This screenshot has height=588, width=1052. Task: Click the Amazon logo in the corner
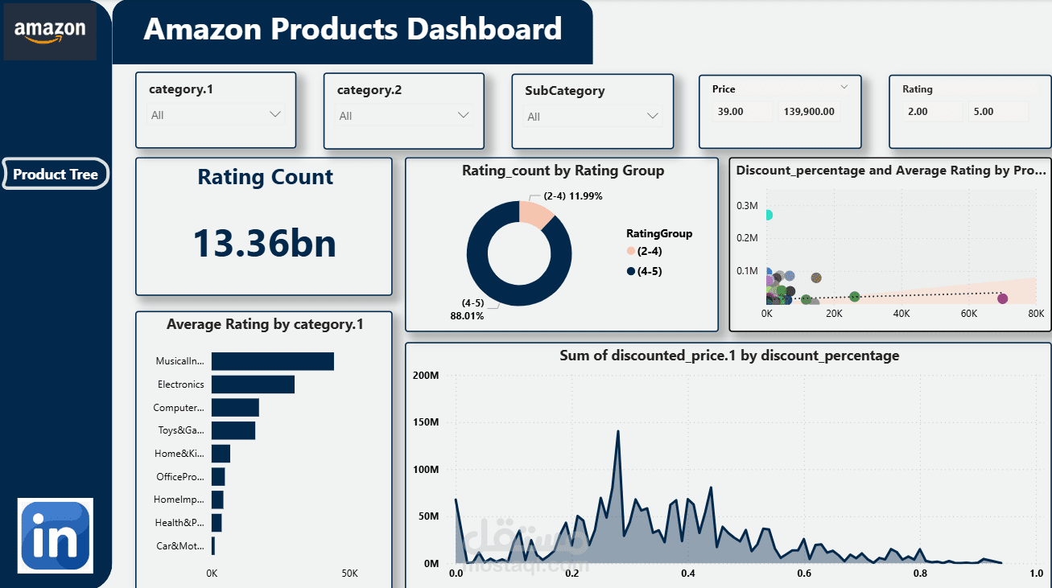[x=50, y=31]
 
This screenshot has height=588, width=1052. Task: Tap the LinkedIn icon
[x=56, y=536]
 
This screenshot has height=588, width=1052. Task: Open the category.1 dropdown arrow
[x=275, y=114]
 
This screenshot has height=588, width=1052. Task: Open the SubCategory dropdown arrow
[x=652, y=116]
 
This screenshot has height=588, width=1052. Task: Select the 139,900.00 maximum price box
[x=808, y=112]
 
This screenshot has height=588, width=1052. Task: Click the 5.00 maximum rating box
[x=997, y=112]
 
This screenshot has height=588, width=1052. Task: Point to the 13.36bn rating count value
[x=265, y=242]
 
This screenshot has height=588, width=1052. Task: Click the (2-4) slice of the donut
[x=535, y=213]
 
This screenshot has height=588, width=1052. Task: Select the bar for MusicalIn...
[x=272, y=362]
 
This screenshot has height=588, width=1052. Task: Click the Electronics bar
[x=253, y=384]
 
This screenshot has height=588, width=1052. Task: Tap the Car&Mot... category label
[x=180, y=546]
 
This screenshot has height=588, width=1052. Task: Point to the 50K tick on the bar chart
[x=349, y=574]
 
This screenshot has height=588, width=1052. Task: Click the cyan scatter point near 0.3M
[x=768, y=215]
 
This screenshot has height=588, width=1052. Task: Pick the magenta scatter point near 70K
[x=1002, y=298]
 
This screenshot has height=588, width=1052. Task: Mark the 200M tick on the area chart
[x=425, y=376]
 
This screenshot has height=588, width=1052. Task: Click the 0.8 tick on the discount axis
[x=919, y=574]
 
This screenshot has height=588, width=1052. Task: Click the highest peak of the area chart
[x=617, y=431]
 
